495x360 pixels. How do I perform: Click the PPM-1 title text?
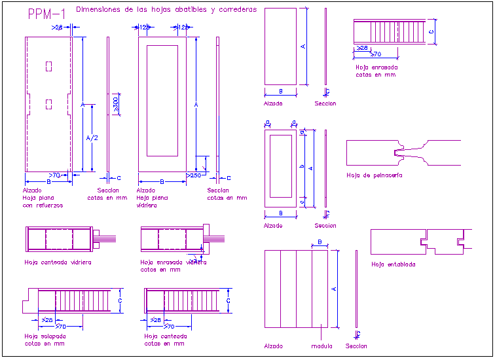pos(46,14)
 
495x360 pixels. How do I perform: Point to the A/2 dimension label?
pos(92,138)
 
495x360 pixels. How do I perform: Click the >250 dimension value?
pos(194,175)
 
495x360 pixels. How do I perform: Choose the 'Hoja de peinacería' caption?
pos(374,175)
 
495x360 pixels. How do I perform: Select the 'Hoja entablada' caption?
pos(393,265)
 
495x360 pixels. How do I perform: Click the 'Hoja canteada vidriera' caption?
pos(58,262)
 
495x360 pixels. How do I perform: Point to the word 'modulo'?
pos(322,346)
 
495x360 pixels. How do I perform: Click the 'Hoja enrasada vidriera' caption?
pos(173,262)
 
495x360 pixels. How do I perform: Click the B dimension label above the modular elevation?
pos(319,242)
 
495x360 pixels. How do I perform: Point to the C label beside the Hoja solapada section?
pos(120,300)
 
